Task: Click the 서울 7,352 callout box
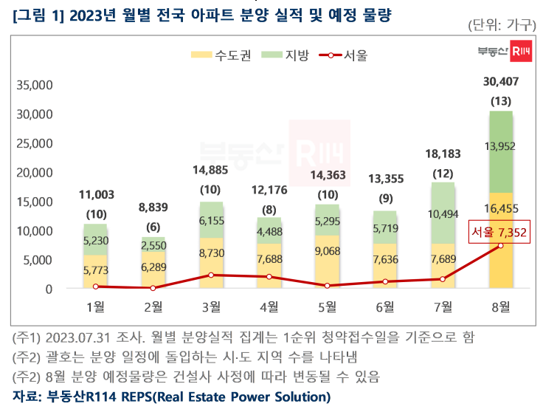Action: pyautogui.click(x=499, y=233)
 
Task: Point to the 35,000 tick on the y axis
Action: pyautogui.click(x=35, y=85)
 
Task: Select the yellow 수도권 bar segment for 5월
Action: pyautogui.click(x=327, y=262)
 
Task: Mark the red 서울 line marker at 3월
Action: pyautogui.click(x=211, y=275)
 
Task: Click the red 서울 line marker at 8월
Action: pyautogui.click(x=501, y=246)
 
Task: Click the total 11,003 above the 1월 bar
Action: pyautogui.click(x=95, y=194)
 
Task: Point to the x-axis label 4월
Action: pyautogui.click(x=269, y=306)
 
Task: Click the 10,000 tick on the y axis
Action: pyautogui.click(x=35, y=230)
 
